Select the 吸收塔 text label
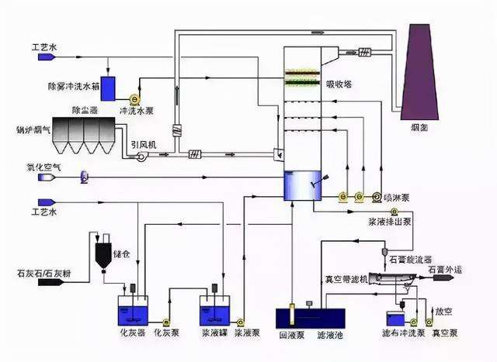click(x=339, y=84)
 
